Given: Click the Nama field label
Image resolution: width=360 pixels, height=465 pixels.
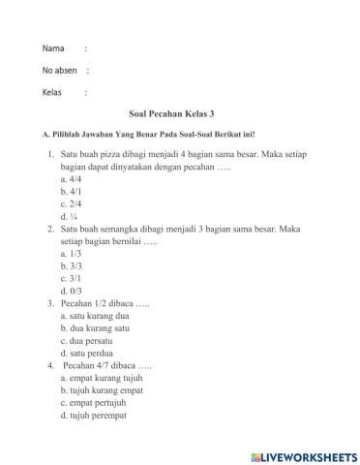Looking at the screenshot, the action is pyautogui.click(x=53, y=48).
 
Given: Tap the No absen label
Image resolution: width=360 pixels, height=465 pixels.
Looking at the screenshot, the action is pyautogui.click(x=60, y=71).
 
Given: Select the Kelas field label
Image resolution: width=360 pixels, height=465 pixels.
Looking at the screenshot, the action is pyautogui.click(x=52, y=93).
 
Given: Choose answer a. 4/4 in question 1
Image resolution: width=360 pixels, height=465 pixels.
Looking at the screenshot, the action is pyautogui.click(x=70, y=179).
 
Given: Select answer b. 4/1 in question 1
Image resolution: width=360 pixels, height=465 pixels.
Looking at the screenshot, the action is pyautogui.click(x=70, y=192).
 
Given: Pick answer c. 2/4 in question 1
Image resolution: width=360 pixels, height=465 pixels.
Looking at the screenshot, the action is pyautogui.click(x=70, y=204).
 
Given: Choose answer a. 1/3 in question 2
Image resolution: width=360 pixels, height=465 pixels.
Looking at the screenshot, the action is pyautogui.click(x=70, y=254).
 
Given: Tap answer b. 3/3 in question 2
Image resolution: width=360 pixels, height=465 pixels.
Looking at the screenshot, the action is pyautogui.click(x=70, y=265).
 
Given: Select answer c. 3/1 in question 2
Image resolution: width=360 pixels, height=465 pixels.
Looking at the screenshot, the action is pyautogui.click(x=70, y=278).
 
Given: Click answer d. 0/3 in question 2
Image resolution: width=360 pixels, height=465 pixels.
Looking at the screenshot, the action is pyautogui.click(x=70, y=291).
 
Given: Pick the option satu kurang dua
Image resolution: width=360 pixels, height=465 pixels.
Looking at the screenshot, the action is pyautogui.click(x=94, y=316).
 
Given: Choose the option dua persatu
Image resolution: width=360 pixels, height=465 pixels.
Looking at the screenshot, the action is pyautogui.click(x=87, y=341).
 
